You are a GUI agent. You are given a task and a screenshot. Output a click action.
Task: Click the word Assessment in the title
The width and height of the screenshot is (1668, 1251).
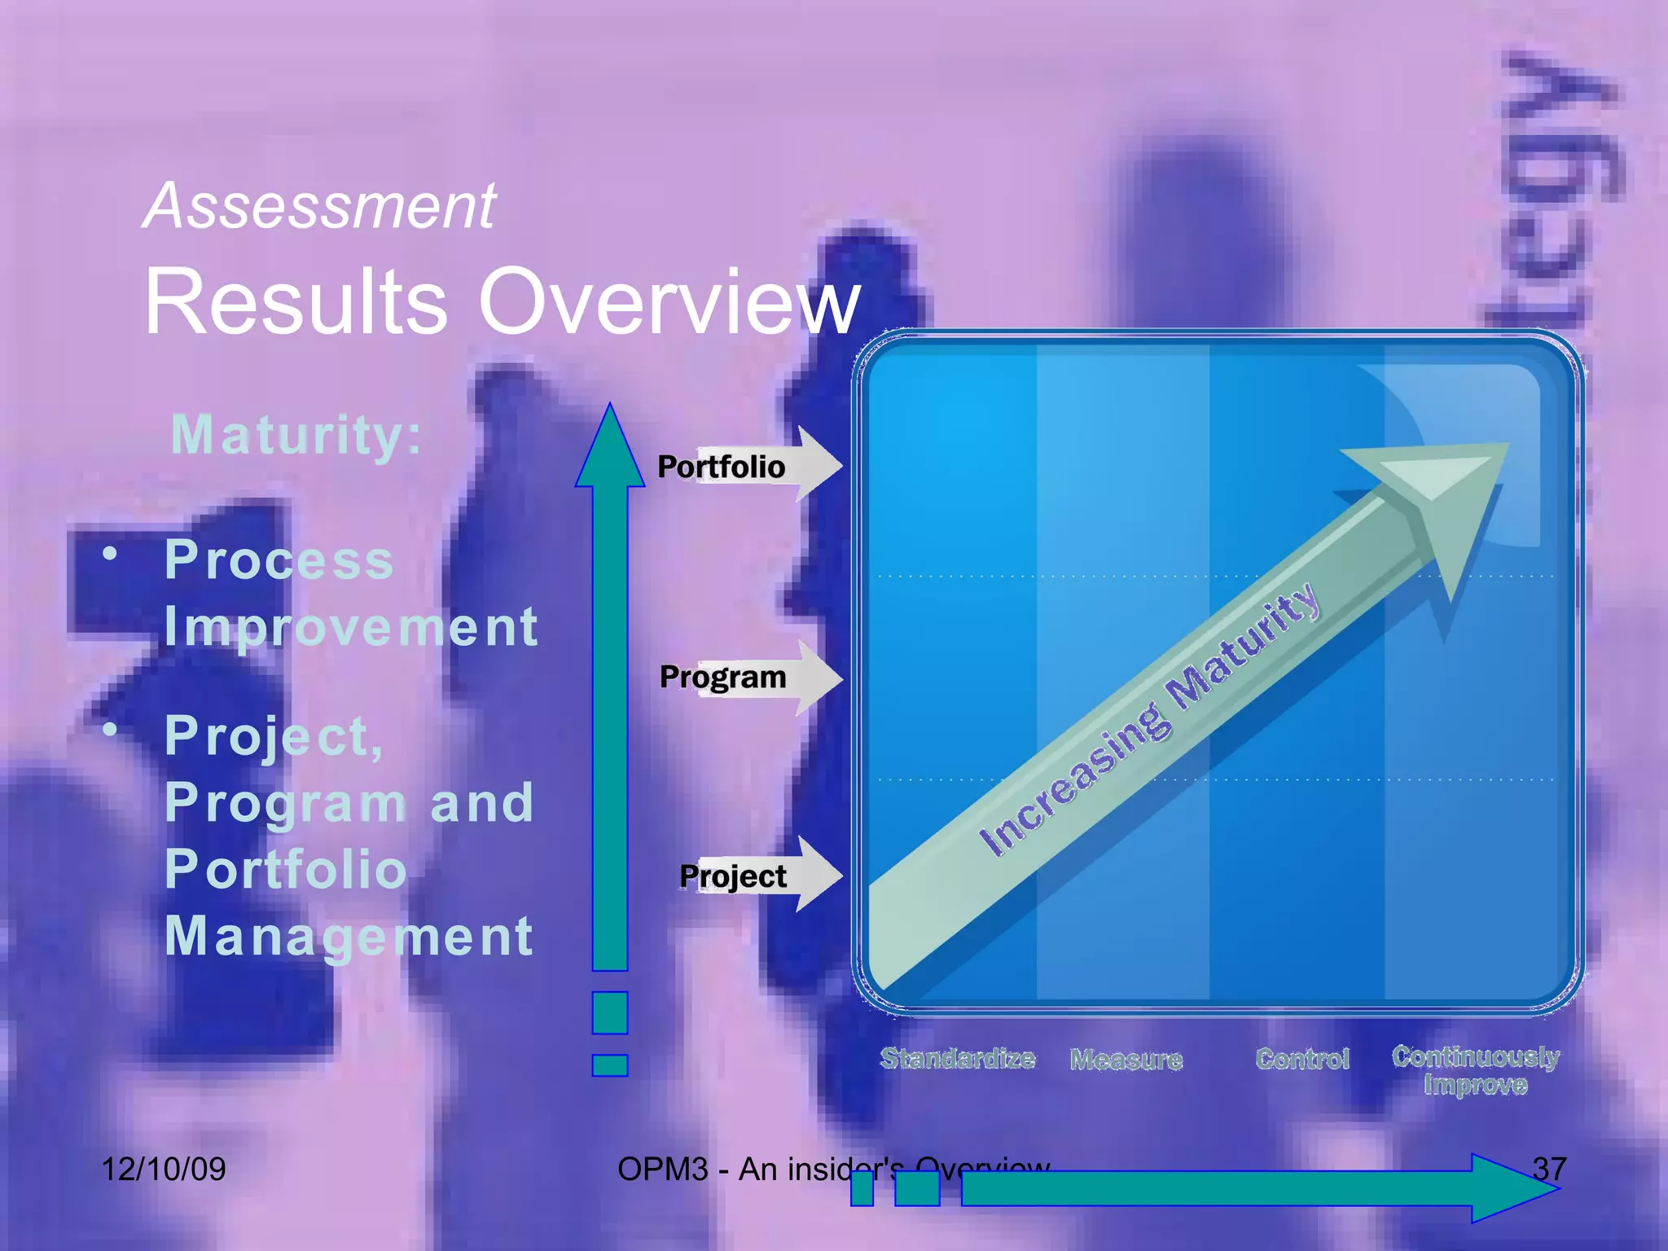[319, 206]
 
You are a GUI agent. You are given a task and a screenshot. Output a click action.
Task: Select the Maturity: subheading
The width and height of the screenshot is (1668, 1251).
[296, 435]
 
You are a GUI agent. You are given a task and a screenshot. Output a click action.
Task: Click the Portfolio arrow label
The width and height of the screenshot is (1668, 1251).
[722, 467]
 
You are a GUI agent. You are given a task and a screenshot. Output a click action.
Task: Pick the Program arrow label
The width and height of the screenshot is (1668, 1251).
[723, 677]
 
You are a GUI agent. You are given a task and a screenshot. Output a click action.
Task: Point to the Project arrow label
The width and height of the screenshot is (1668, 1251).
[733, 876]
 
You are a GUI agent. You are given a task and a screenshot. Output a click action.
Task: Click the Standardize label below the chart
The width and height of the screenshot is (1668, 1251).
[958, 1059]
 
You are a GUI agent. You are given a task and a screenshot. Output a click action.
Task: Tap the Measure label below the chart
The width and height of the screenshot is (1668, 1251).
[1126, 1060]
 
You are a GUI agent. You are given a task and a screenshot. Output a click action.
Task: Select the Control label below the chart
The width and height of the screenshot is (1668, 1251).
[1302, 1059]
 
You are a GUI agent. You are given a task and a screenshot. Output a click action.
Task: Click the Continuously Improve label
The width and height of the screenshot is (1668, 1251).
[1475, 1070]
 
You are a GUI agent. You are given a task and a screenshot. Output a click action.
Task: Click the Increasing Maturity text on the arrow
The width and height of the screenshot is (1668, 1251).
[1148, 721]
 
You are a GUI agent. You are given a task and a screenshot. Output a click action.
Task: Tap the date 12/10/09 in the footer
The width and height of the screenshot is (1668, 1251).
[164, 1170]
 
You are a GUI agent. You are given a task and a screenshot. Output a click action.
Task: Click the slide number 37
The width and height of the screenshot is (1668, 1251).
[1549, 1170]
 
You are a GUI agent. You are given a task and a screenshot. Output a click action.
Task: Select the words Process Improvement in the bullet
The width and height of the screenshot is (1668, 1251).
[350, 593]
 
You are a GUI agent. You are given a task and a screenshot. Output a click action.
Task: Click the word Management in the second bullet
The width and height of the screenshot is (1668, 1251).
[349, 936]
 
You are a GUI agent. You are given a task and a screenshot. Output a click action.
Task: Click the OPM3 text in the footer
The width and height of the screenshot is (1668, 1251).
[662, 1170]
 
